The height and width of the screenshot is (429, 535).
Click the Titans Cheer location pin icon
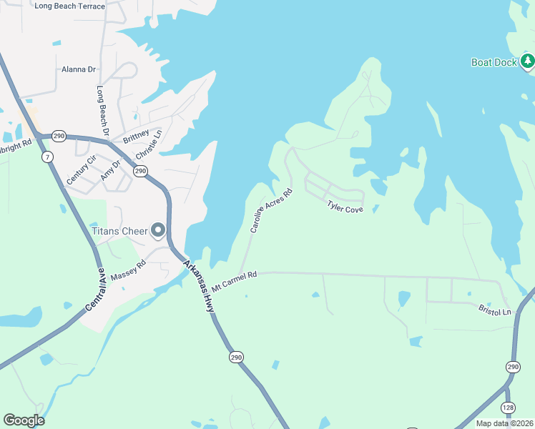point(158,231)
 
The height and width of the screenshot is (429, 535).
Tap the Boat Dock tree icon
point(528,61)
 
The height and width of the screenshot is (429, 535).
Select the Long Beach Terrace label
point(69,6)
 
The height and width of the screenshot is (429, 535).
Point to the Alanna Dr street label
point(79,69)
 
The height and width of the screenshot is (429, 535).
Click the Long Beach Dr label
point(102,112)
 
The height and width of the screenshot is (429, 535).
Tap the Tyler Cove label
point(345,207)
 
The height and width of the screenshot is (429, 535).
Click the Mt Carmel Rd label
point(234,280)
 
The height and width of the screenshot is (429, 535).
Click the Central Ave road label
point(95,290)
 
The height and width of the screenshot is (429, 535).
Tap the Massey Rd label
point(129,272)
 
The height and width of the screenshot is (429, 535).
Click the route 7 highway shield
point(47,157)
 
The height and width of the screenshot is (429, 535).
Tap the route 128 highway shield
point(507,407)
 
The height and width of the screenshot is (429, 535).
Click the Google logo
point(24,420)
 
